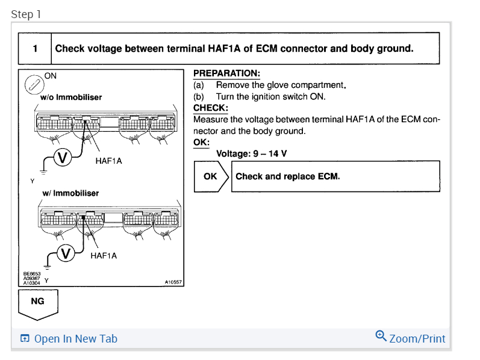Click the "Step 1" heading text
tap(26, 14)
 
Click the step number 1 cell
tap(35, 48)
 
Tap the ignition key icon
tap(34, 84)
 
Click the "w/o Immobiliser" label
tap(71, 98)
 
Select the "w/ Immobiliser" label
tap(70, 193)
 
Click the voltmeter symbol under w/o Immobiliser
tap(63, 157)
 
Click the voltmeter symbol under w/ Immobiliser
tap(66, 253)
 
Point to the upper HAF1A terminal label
tap(108, 161)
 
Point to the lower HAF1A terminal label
tap(104, 256)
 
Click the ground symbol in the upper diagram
tap(43, 172)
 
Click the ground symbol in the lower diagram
tap(47, 267)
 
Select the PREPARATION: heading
tap(227, 73)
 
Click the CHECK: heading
tap(211, 108)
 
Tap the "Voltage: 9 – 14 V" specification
tap(251, 154)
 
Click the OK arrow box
tap(211, 176)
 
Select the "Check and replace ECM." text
tap(288, 176)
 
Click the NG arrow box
tap(38, 305)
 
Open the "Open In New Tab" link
tap(69, 338)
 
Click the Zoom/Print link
tap(410, 337)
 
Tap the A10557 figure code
tap(173, 282)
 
